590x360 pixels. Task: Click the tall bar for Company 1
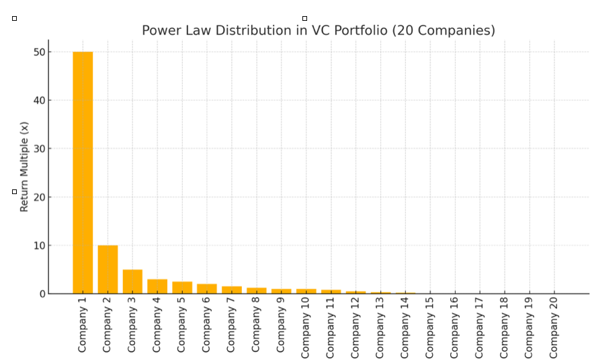point(83,173)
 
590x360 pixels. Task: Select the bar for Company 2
point(108,269)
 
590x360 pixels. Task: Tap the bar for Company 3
point(132,281)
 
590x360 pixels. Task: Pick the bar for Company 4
point(157,286)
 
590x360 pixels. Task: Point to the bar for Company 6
point(207,289)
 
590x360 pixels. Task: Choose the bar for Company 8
point(257,291)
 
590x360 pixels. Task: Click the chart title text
point(318,30)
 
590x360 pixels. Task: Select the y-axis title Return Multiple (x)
point(24,167)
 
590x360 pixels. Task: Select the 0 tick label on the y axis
point(42,294)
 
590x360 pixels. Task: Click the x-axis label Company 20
point(554,327)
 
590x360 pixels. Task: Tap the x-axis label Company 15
point(430,327)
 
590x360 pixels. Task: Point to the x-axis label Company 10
point(306,327)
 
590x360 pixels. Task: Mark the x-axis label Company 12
point(355,327)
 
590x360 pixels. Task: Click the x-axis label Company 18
point(505,327)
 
